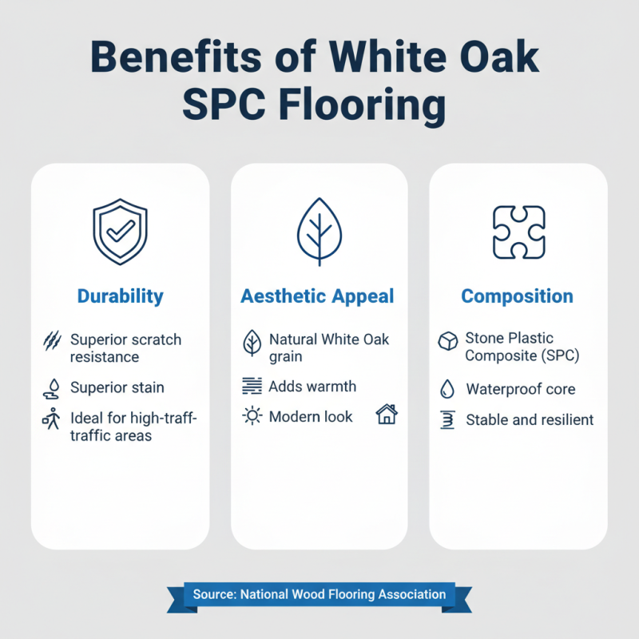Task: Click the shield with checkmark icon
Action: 120,232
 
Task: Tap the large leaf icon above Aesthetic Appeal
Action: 319,232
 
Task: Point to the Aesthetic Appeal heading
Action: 317,296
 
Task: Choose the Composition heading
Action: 517,296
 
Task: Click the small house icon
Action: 387,415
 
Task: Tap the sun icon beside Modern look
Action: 252,416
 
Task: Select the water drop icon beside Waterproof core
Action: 447,390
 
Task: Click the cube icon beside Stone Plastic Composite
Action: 447,343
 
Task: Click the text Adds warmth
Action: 312,387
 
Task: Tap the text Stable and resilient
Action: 530,419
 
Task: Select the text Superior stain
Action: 117,387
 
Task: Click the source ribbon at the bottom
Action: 319,594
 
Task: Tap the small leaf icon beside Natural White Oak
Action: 252,343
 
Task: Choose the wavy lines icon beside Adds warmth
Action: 252,387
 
